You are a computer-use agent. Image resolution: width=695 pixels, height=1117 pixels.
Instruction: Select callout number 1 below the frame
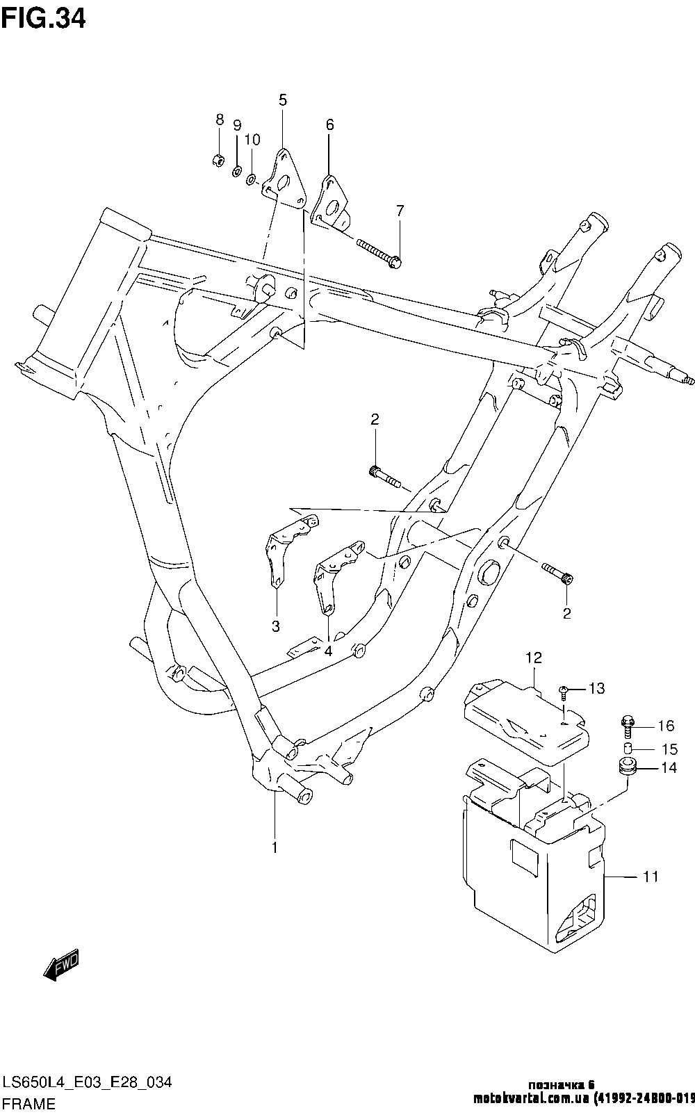tap(275, 847)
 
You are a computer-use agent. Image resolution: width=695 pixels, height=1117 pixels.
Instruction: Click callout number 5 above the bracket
tap(283, 100)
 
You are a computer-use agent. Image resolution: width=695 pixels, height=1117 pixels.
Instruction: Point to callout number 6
tap(329, 124)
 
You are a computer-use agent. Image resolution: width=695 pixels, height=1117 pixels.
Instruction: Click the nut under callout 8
tap(218, 160)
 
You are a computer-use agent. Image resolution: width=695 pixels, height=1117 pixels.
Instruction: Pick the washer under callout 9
tap(237, 172)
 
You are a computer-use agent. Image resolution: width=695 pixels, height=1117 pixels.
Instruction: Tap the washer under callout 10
tap(252, 179)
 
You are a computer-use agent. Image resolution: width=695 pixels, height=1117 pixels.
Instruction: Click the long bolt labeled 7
tap(379, 252)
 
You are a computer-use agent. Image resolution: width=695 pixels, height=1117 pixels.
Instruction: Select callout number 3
tap(276, 626)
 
